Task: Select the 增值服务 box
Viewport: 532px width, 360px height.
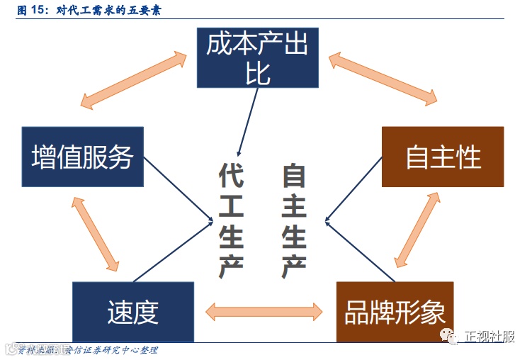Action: [x=83, y=157]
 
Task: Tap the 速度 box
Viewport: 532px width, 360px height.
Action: [x=132, y=311]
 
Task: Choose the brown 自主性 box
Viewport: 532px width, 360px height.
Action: [x=443, y=157]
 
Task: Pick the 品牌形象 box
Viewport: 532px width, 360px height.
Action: [x=395, y=311]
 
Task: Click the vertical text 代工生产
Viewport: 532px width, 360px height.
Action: [x=231, y=219]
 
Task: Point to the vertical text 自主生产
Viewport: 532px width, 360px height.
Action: [x=294, y=219]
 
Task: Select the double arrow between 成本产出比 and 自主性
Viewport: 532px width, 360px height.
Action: [x=383, y=79]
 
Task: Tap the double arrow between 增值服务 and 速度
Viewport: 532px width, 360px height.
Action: [x=94, y=235]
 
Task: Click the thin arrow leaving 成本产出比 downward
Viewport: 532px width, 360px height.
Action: [x=247, y=120]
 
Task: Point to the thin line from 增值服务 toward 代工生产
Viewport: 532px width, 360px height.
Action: [x=177, y=189]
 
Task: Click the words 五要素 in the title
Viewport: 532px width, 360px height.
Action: [x=145, y=11]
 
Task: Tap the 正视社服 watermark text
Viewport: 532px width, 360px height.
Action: [x=490, y=337]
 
